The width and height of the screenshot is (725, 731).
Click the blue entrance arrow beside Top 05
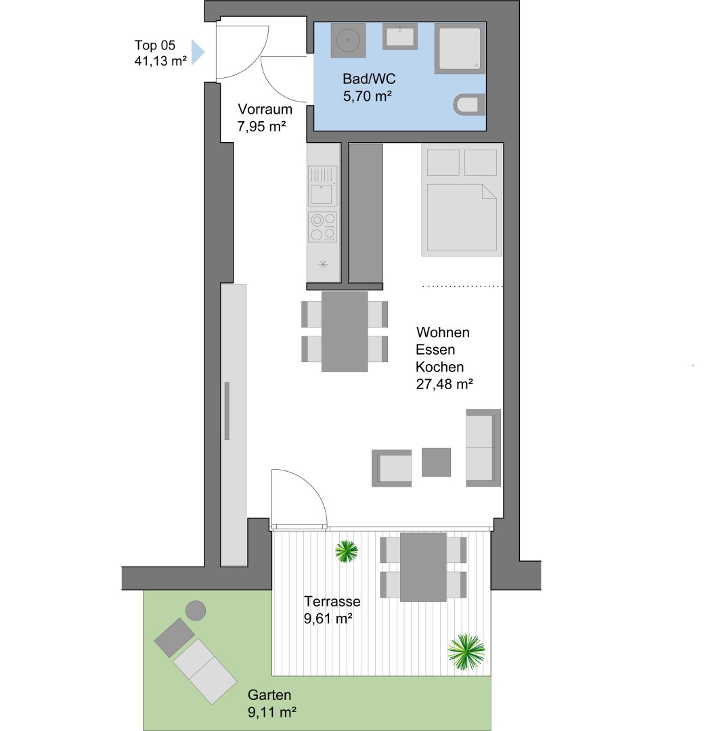[197, 51]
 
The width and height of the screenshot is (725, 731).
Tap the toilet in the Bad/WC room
[469, 104]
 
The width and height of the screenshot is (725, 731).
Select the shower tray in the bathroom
[460, 49]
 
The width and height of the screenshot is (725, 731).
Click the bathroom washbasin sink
[399, 37]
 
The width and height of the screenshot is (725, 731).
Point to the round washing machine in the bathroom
[348, 41]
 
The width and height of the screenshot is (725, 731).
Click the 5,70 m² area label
[368, 96]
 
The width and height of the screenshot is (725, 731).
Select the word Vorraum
[265, 109]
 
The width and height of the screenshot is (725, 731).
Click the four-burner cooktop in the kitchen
[323, 227]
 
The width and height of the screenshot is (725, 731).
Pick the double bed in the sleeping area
[462, 200]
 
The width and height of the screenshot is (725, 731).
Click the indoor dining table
[345, 332]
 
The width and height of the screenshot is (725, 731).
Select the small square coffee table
[436, 462]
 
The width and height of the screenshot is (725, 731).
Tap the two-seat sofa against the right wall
[483, 447]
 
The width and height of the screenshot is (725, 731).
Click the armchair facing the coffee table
[392, 468]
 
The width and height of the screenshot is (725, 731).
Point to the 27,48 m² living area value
[444, 384]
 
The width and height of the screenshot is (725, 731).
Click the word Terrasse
[332, 602]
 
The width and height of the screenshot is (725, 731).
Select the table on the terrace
[423, 567]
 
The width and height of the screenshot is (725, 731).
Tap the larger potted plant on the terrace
[466, 652]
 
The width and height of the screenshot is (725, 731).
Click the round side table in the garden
[196, 611]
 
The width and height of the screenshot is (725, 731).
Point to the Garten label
[269, 695]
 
